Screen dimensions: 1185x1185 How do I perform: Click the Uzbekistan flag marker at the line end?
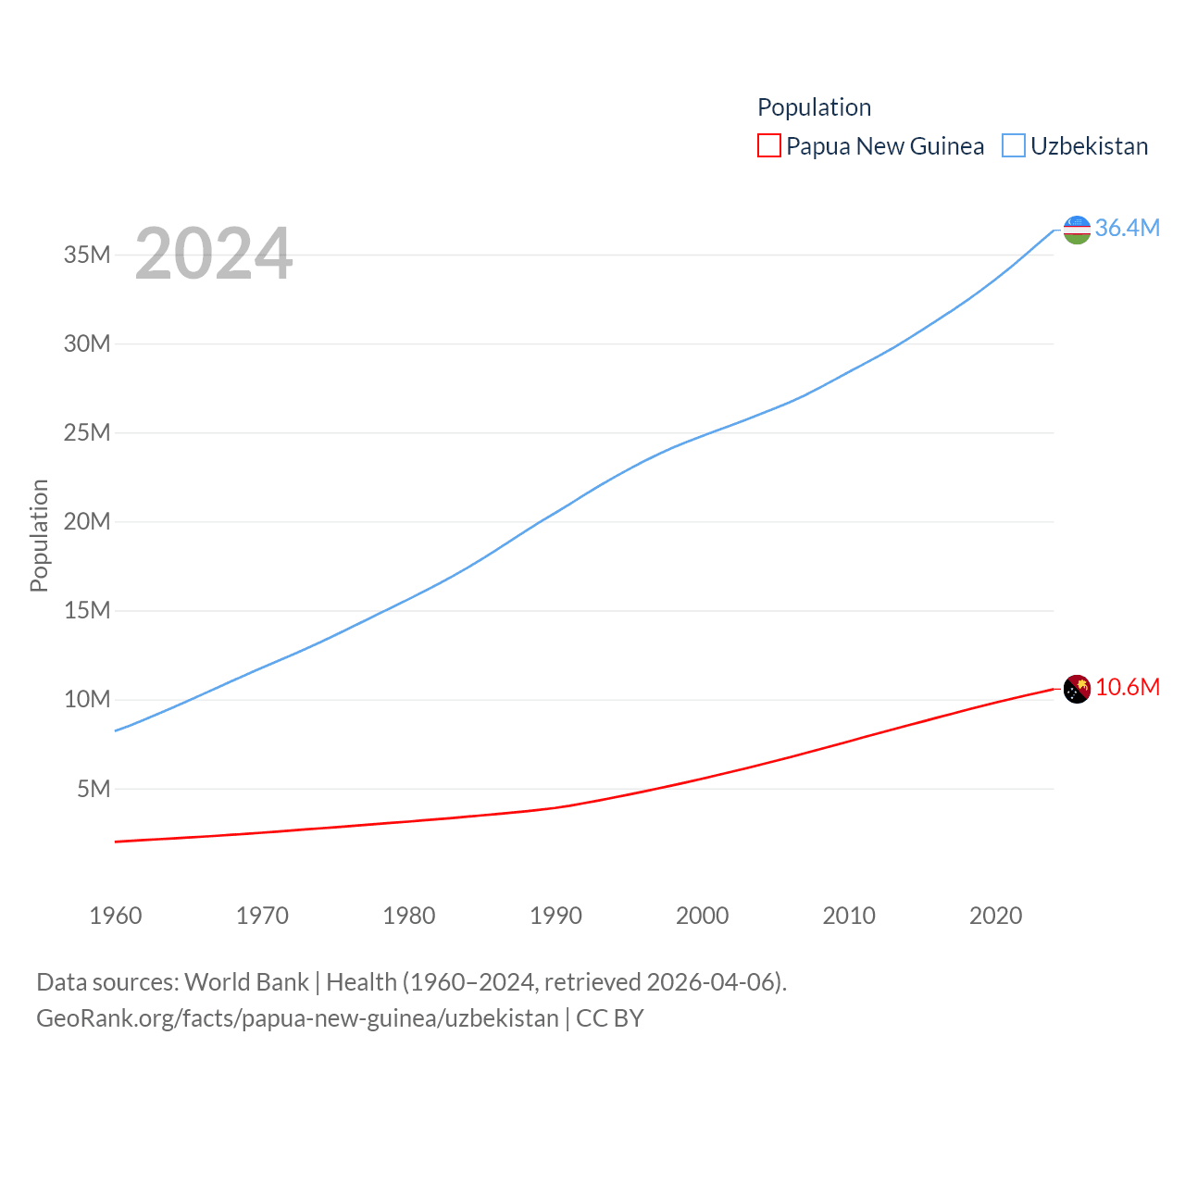(x=1077, y=229)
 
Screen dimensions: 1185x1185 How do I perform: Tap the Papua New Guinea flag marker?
(x=1077, y=689)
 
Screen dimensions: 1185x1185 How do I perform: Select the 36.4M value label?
(x=1127, y=228)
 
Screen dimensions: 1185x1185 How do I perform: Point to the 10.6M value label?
(x=1127, y=687)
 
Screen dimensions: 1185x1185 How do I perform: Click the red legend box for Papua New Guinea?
(x=768, y=146)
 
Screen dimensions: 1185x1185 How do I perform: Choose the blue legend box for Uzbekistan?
(x=1014, y=146)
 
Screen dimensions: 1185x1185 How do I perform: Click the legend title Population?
(x=814, y=107)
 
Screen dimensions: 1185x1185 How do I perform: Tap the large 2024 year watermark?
(x=214, y=253)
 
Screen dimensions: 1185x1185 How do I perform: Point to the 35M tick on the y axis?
(x=87, y=255)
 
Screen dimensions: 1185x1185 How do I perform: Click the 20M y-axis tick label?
(x=87, y=521)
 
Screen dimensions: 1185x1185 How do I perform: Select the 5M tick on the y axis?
(x=94, y=789)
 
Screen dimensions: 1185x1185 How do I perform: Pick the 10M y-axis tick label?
(x=87, y=699)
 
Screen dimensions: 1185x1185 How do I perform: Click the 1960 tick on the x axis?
(x=116, y=916)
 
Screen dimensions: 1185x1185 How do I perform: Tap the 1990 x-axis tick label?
(x=555, y=916)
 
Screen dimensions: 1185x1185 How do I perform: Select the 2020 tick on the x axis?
(x=995, y=916)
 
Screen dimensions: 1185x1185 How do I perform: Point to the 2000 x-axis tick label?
(x=702, y=916)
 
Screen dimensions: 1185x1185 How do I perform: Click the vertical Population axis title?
(x=39, y=535)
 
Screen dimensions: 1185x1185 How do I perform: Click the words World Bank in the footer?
(x=246, y=982)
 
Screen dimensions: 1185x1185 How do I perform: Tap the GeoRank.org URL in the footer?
(x=297, y=1018)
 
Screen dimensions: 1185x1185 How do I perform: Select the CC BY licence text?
(x=609, y=1018)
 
